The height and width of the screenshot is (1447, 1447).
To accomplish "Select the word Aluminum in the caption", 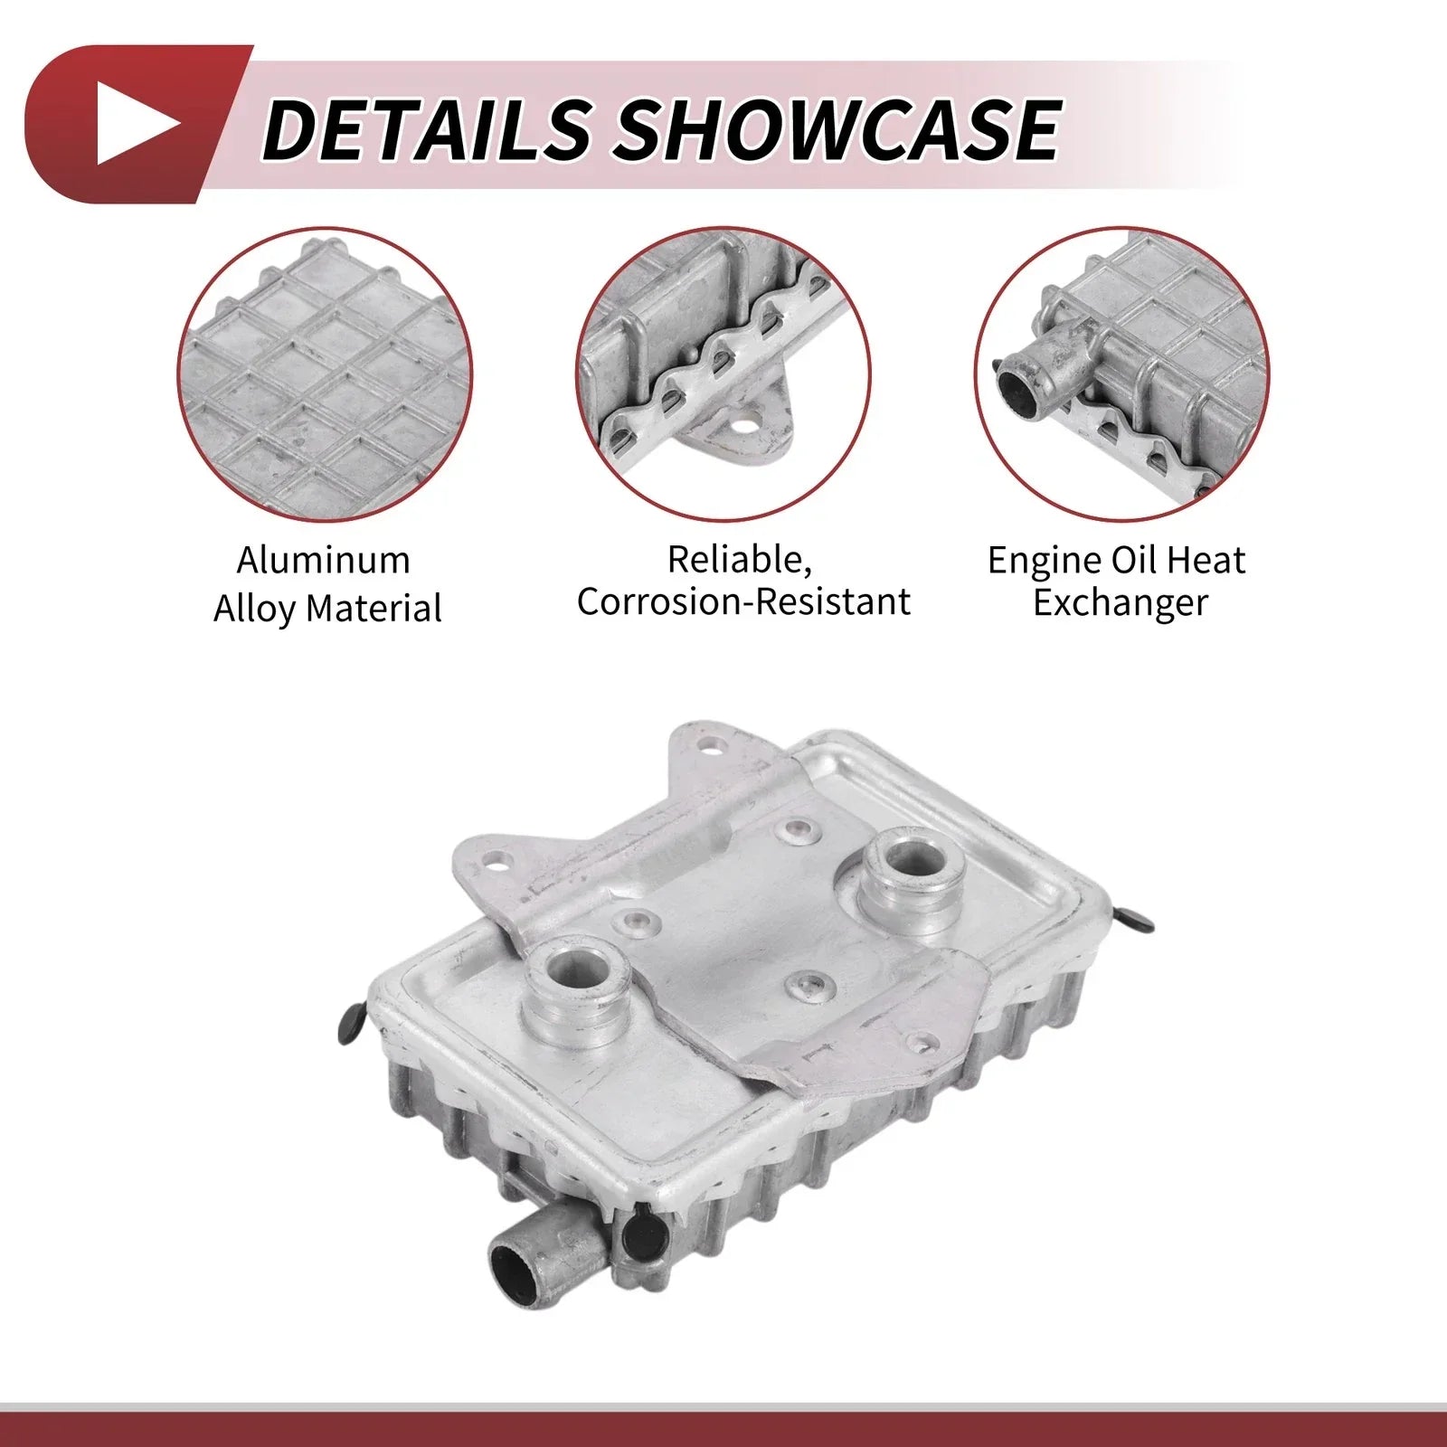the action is [324, 561].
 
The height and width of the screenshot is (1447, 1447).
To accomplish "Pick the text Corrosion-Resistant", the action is [743, 602].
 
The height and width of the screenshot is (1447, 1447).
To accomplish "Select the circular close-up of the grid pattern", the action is [325, 374].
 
